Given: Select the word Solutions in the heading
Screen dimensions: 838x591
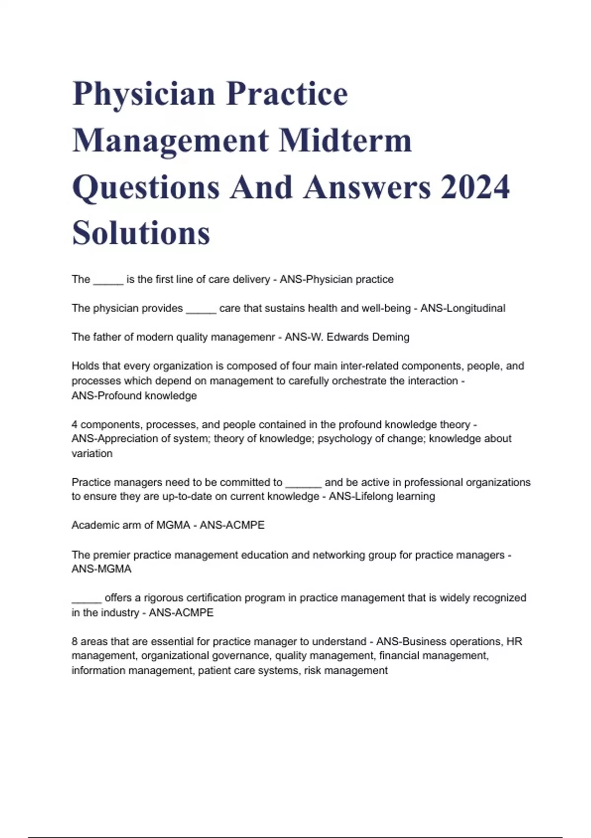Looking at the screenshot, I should pos(141,233).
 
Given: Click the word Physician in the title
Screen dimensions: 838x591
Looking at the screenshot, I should pos(144,94).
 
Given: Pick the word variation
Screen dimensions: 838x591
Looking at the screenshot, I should pos(92,453).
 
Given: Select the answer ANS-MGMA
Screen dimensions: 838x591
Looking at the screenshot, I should pos(101,569).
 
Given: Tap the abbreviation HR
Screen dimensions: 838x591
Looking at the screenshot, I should pos(514,641).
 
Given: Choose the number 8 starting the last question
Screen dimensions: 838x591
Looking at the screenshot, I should pos(75,641).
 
